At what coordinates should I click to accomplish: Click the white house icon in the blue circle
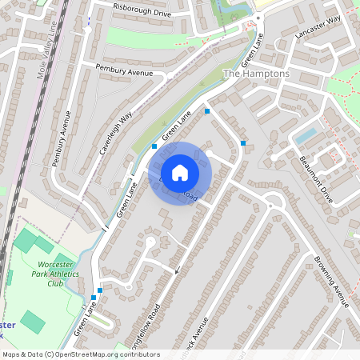180,173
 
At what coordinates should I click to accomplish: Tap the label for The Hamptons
256,74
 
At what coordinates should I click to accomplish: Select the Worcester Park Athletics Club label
55,273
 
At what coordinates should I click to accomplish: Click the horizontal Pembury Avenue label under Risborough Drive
123,72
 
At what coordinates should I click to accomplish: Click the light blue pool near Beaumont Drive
306,135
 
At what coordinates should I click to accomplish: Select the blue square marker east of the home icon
243,143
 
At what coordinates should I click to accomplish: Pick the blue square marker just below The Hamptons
207,111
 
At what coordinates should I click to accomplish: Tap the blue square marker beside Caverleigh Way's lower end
154,146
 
